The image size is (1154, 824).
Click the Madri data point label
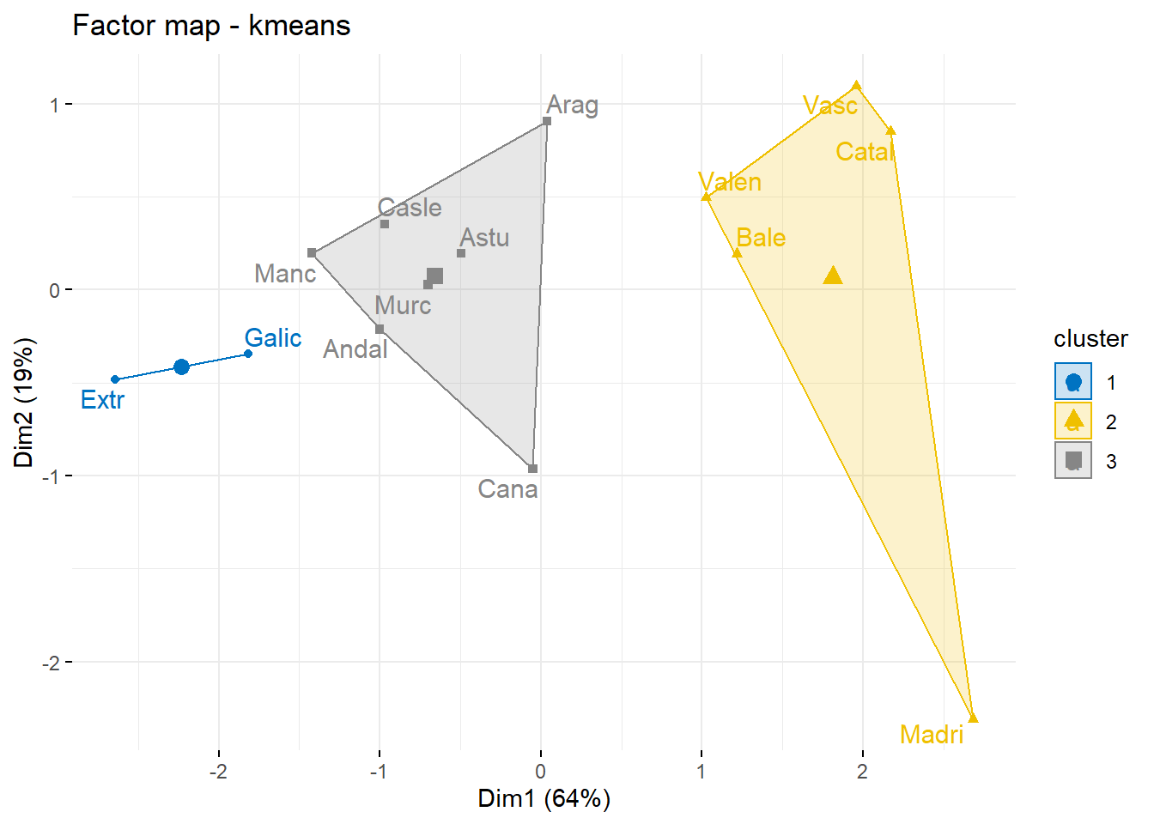tap(932, 735)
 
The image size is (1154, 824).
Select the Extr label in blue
tap(102, 400)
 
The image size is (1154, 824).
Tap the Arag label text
tap(573, 105)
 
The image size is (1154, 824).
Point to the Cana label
tap(507, 489)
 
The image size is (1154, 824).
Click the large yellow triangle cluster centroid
tap(833, 276)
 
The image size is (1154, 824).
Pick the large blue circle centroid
tap(181, 367)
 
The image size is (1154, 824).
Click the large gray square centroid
tap(435, 276)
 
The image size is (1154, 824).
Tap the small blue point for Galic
tap(248, 354)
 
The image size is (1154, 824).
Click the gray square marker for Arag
tap(547, 121)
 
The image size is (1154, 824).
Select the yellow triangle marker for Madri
tap(973, 718)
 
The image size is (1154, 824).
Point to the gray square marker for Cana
tap(532, 469)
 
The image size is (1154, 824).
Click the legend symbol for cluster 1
tap(1073, 382)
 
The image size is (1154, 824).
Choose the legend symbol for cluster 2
tap(1073, 421)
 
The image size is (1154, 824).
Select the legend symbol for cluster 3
tap(1073, 460)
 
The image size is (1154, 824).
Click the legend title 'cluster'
tap(1090, 339)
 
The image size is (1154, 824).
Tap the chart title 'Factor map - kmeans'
tap(211, 26)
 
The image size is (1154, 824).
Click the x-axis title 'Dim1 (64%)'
tap(544, 798)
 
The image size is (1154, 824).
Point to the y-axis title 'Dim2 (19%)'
tap(23, 402)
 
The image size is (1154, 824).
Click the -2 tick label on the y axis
tap(52, 663)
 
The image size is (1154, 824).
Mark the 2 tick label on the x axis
tap(862, 771)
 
